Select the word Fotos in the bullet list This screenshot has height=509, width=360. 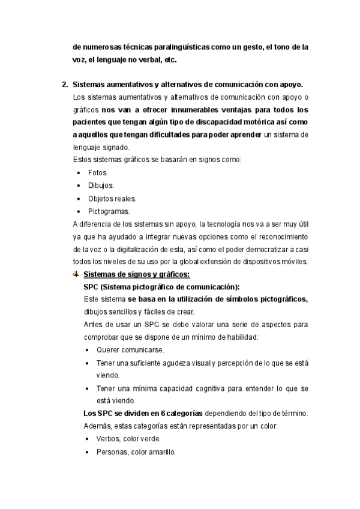point(98,172)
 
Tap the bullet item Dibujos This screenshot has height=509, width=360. point(101,185)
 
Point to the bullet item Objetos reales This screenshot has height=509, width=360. point(112,199)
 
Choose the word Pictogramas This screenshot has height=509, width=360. point(108,211)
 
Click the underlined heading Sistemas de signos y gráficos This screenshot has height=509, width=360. point(137,275)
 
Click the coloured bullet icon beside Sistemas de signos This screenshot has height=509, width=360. point(75,274)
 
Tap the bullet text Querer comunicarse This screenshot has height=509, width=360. point(130,350)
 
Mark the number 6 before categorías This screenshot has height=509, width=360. point(162,414)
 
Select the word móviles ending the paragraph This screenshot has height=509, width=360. point(295,262)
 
